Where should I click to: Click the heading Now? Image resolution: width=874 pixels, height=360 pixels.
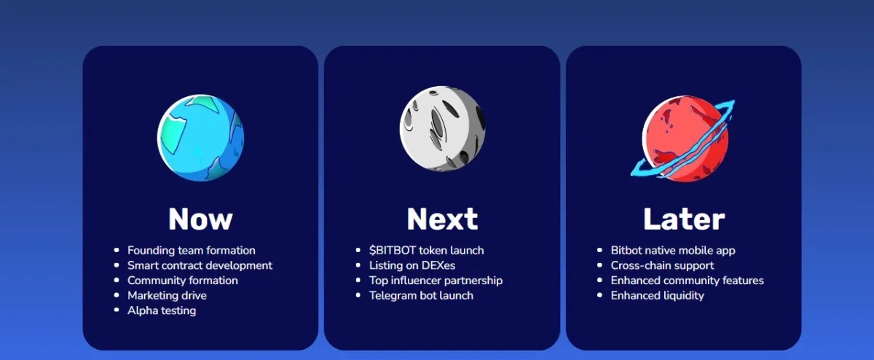(x=200, y=219)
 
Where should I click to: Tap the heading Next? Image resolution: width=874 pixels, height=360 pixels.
(x=442, y=219)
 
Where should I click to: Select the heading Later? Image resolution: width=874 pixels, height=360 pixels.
(x=684, y=219)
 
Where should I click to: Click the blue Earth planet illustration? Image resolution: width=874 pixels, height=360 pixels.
(x=200, y=138)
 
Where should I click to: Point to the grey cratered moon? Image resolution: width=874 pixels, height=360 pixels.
(x=443, y=128)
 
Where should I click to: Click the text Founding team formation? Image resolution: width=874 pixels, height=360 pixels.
(x=191, y=251)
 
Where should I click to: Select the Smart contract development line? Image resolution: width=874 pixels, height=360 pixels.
(x=200, y=265)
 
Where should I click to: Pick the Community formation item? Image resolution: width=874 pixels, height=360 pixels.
(x=183, y=281)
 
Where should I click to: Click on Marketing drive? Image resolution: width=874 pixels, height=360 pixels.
(x=167, y=296)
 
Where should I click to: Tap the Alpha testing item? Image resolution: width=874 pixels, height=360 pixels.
(x=162, y=310)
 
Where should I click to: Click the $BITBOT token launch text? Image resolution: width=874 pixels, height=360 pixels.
(x=427, y=251)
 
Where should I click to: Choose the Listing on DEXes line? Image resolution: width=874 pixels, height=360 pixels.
(x=412, y=265)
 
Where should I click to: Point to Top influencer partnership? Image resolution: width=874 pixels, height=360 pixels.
(x=436, y=281)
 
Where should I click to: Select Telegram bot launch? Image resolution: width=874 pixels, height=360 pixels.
(x=421, y=296)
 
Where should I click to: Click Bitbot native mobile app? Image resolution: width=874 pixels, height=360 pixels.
(x=673, y=251)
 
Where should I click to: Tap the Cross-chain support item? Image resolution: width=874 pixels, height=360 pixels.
(x=662, y=265)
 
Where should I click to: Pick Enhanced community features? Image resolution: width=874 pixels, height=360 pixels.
(x=687, y=281)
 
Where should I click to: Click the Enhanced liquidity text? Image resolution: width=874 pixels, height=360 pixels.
(x=658, y=296)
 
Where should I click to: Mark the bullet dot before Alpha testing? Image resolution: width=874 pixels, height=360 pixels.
(x=117, y=310)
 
